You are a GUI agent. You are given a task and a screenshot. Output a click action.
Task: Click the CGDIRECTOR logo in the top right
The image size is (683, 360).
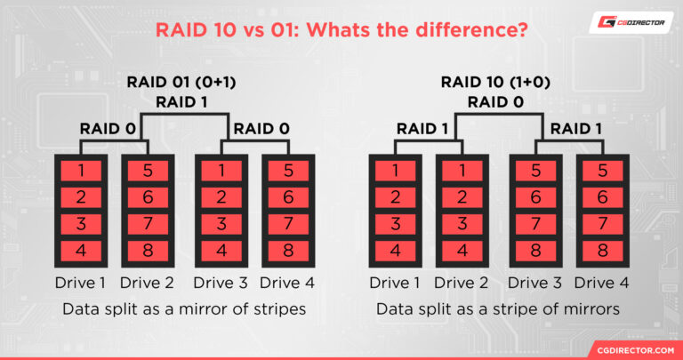[631, 25]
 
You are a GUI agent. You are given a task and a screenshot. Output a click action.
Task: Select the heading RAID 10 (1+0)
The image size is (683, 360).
[494, 83]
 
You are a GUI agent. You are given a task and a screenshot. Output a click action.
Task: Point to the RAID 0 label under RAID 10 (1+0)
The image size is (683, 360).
[494, 101]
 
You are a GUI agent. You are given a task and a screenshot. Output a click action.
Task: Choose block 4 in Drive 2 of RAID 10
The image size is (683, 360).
[460, 250]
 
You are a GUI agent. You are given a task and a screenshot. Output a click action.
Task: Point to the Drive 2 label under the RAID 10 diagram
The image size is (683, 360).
[460, 284]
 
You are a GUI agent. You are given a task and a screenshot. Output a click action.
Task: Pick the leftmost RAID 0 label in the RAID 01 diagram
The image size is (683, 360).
[107, 129]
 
